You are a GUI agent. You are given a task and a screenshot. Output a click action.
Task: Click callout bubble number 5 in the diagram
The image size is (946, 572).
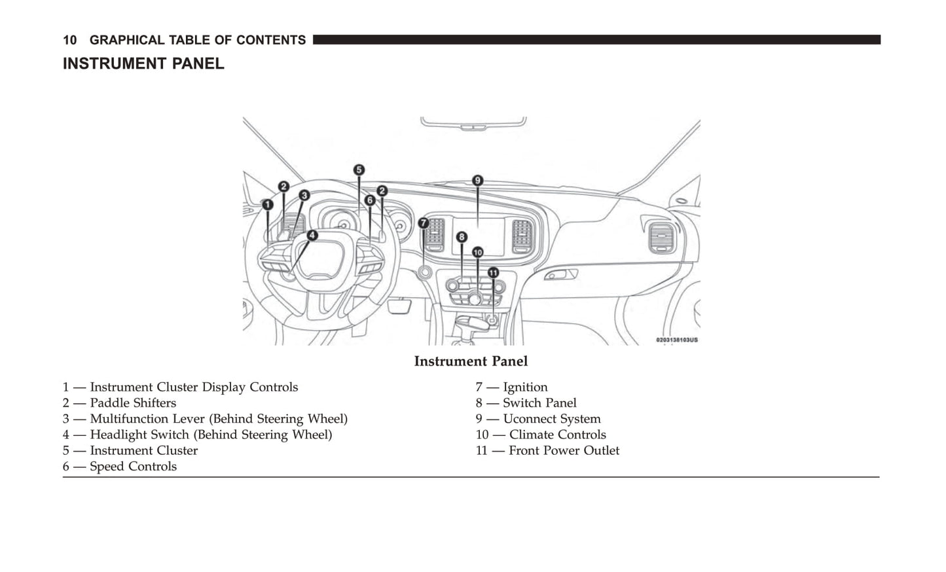pyautogui.click(x=359, y=170)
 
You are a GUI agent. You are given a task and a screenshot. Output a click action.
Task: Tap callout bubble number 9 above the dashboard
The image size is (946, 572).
pyautogui.click(x=477, y=181)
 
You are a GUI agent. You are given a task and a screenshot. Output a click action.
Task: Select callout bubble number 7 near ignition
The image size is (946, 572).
pyautogui.click(x=424, y=223)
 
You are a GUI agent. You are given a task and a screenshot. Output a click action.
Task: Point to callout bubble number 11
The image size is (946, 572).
pyautogui.click(x=493, y=273)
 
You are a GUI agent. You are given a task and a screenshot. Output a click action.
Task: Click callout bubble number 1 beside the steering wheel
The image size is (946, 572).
pyautogui.click(x=267, y=205)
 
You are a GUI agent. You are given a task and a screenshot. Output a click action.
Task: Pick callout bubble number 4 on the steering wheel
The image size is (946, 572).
pyautogui.click(x=312, y=235)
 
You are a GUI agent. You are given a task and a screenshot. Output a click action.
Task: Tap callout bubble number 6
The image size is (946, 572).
pyautogui.click(x=370, y=200)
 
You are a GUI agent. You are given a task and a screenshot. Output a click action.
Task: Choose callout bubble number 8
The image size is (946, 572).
pyautogui.click(x=462, y=236)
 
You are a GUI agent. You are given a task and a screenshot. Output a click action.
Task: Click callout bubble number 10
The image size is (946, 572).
pyautogui.click(x=477, y=252)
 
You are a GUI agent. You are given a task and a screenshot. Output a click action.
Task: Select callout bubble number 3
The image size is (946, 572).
pyautogui.click(x=304, y=195)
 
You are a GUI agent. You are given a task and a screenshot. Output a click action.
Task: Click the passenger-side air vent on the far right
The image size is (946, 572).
pyautogui.click(x=661, y=238)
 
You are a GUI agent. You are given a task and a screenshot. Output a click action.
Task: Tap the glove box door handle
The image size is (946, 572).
pyautogui.click(x=560, y=274)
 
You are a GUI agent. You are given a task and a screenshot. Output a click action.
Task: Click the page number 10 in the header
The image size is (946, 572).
pyautogui.click(x=69, y=40)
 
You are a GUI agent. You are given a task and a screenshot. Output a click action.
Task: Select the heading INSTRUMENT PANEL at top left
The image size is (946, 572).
pyautogui.click(x=143, y=63)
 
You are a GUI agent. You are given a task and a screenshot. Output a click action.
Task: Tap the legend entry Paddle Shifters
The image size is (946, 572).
pyautogui.click(x=133, y=403)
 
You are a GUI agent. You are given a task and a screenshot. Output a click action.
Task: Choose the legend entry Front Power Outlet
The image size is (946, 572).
pyautogui.click(x=564, y=450)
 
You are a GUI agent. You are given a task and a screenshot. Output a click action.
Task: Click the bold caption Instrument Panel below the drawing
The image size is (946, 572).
pyautogui.click(x=471, y=361)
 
